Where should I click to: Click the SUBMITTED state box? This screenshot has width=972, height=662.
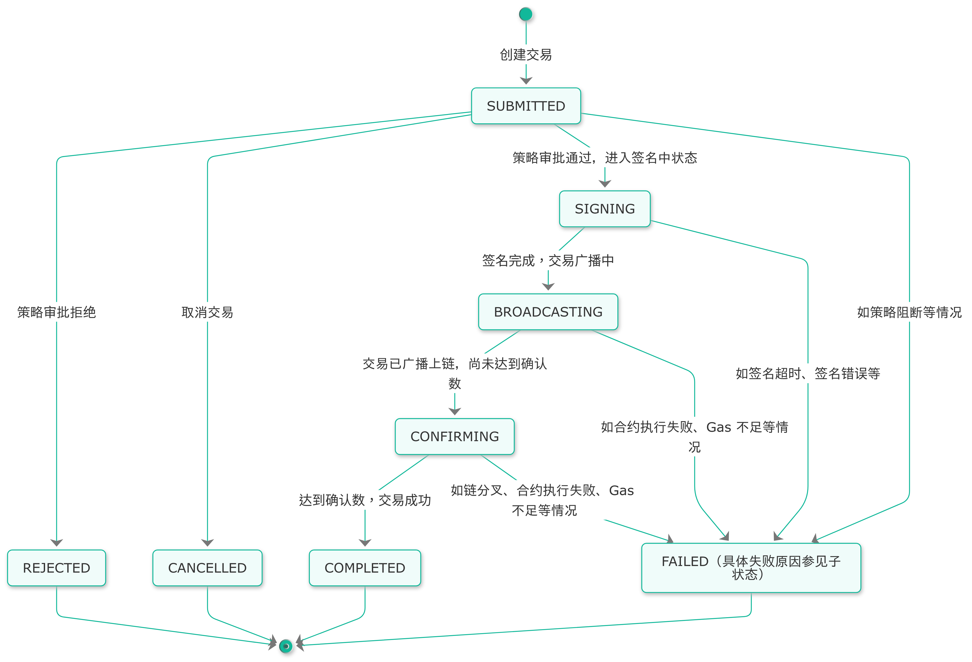click(526, 106)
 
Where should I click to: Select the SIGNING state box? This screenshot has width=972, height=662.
click(604, 209)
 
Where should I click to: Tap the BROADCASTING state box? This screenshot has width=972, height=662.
click(548, 312)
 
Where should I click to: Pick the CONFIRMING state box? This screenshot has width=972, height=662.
click(455, 436)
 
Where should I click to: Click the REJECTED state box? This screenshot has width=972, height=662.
click(56, 568)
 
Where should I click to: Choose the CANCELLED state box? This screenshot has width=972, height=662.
click(208, 568)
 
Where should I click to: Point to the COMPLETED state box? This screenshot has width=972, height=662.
click(365, 568)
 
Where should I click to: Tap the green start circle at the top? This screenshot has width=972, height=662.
click(526, 14)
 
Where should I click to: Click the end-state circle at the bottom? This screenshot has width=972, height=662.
click(286, 646)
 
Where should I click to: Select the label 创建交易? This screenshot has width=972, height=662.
click(526, 54)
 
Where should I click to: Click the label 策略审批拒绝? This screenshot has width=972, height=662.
click(56, 312)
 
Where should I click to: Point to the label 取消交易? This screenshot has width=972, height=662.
click(208, 312)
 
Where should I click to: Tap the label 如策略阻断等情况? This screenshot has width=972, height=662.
click(909, 312)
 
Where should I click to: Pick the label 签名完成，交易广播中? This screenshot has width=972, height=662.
click(548, 261)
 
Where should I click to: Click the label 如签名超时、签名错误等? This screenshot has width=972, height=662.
click(808, 373)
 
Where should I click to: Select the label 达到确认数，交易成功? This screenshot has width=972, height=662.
click(365, 500)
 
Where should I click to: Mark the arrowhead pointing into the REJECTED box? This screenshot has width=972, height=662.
click(56, 543)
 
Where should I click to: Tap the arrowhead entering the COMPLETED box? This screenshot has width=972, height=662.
click(365, 543)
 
